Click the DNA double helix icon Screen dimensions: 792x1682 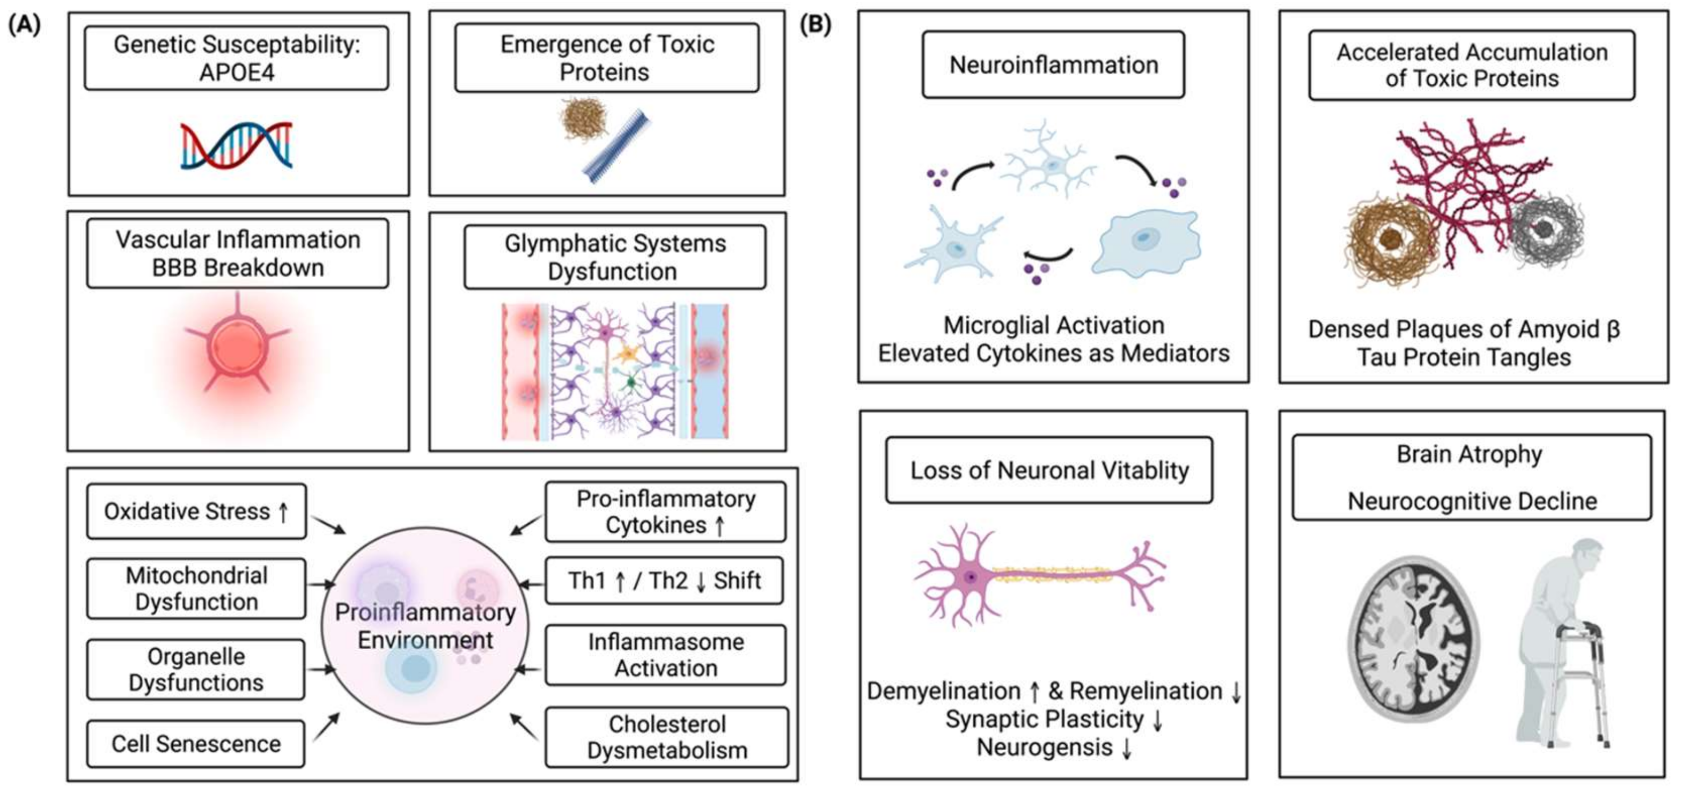(x=237, y=145)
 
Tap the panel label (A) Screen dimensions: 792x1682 (x=24, y=25)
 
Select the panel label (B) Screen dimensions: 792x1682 (x=816, y=25)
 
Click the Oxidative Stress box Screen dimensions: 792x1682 (x=196, y=511)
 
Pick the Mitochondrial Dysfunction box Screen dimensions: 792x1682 (x=196, y=588)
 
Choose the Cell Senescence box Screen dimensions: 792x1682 (x=196, y=744)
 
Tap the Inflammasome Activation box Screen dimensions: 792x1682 (x=665, y=655)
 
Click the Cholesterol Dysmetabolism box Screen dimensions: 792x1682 (x=667, y=737)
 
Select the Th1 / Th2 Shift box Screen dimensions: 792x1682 (x=664, y=581)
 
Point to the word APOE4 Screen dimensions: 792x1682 (x=237, y=72)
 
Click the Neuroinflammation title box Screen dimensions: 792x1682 (x=1053, y=64)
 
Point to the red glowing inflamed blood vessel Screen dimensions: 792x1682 (x=237, y=346)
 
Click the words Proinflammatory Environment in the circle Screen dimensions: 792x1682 (x=425, y=626)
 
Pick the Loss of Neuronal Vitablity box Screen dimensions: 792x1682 (x=1049, y=470)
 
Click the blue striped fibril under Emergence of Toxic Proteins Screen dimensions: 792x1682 (x=616, y=148)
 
